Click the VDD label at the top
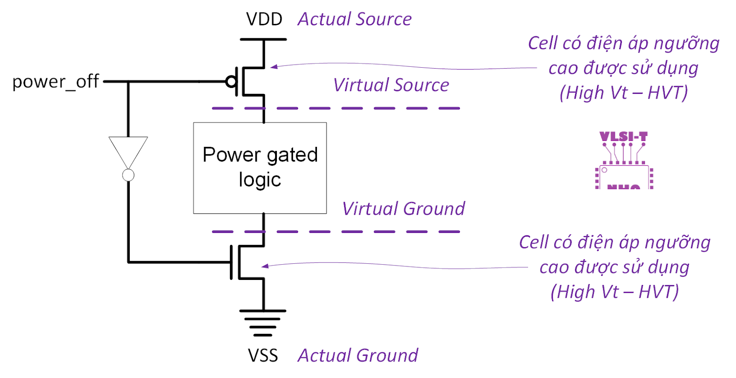pos(264,19)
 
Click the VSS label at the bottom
pos(263,355)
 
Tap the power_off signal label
pos(55,82)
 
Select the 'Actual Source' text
pos(354,19)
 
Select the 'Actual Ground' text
pos(358,355)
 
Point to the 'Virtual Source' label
pos(391,85)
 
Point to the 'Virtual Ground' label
pos(403,209)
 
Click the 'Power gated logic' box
pos(260,168)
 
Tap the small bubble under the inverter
pos(128,175)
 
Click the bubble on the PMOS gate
pos(231,82)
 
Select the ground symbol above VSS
pos(263,322)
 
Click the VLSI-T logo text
pos(623,137)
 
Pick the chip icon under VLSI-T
pos(624,177)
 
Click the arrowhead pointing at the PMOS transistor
pos(273,67)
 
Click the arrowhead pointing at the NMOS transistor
pos(264,266)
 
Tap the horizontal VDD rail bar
pos(263,40)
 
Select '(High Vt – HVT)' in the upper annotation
pos(624,93)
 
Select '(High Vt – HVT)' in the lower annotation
pos(615,292)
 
